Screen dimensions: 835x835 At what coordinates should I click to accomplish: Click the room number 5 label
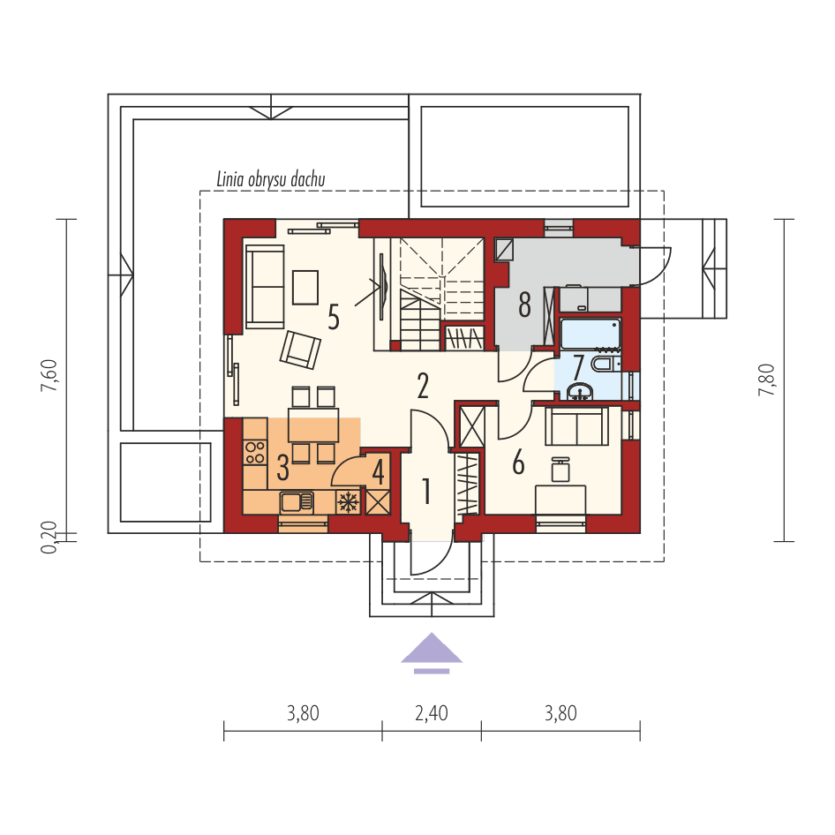tap(333, 316)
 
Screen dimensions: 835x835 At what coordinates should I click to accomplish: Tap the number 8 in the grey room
tap(524, 305)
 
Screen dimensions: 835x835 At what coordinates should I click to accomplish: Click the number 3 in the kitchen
tap(283, 465)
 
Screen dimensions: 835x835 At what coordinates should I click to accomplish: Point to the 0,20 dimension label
tap(50, 536)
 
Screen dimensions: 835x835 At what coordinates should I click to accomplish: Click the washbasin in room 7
tap(581, 390)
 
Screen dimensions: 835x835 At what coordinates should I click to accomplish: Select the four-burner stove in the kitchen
tap(255, 452)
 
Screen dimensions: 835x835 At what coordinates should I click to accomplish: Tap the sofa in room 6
tap(576, 427)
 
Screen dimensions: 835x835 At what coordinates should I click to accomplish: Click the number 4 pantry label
tap(378, 471)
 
